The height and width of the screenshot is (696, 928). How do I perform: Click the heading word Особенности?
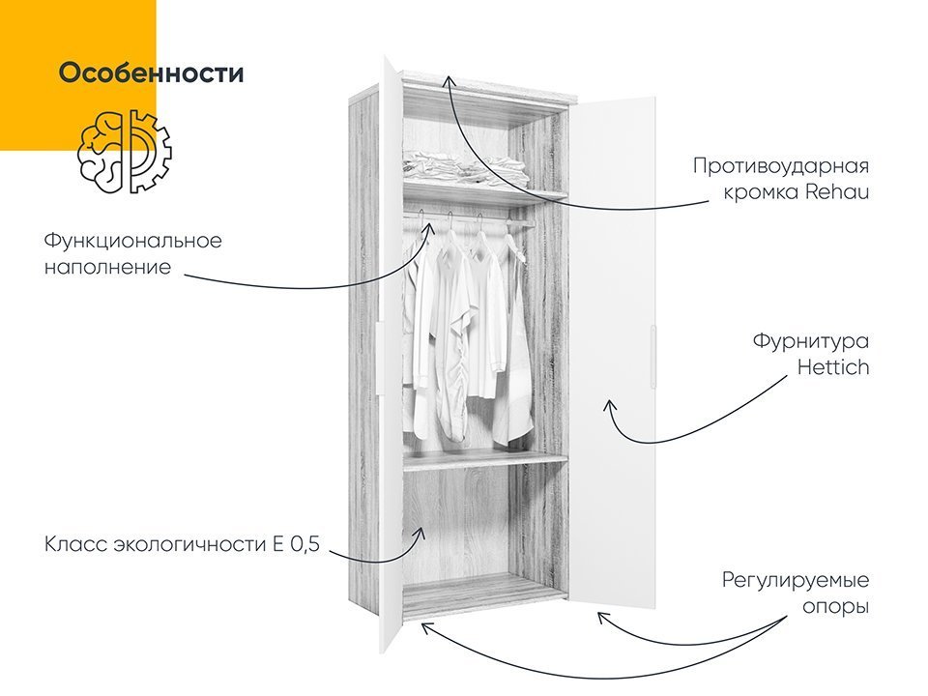pyautogui.click(x=151, y=73)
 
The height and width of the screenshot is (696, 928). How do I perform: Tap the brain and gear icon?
pyautogui.click(x=125, y=152)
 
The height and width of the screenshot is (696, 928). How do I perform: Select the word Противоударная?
pyautogui.click(x=781, y=166)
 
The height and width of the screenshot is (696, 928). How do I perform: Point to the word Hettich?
pyautogui.click(x=833, y=367)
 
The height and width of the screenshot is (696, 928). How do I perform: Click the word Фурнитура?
pyautogui.click(x=811, y=341)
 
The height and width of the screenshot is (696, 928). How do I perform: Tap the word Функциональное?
pyautogui.click(x=133, y=241)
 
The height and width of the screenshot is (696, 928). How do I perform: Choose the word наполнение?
pyautogui.click(x=107, y=267)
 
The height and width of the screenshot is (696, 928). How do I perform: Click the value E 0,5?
pyautogui.click(x=296, y=544)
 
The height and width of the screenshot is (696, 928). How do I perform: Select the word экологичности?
pyautogui.click(x=189, y=544)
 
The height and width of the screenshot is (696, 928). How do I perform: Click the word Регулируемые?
pyautogui.click(x=796, y=581)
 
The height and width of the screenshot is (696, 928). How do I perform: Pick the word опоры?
pyautogui.click(x=835, y=608)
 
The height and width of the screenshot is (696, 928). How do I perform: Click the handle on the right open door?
pyautogui.click(x=652, y=357)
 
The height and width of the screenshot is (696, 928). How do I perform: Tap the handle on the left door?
pyautogui.click(x=378, y=357)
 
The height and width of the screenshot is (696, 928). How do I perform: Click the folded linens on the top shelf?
pyautogui.click(x=465, y=167)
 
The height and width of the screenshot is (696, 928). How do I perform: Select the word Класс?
pyautogui.click(x=75, y=544)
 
